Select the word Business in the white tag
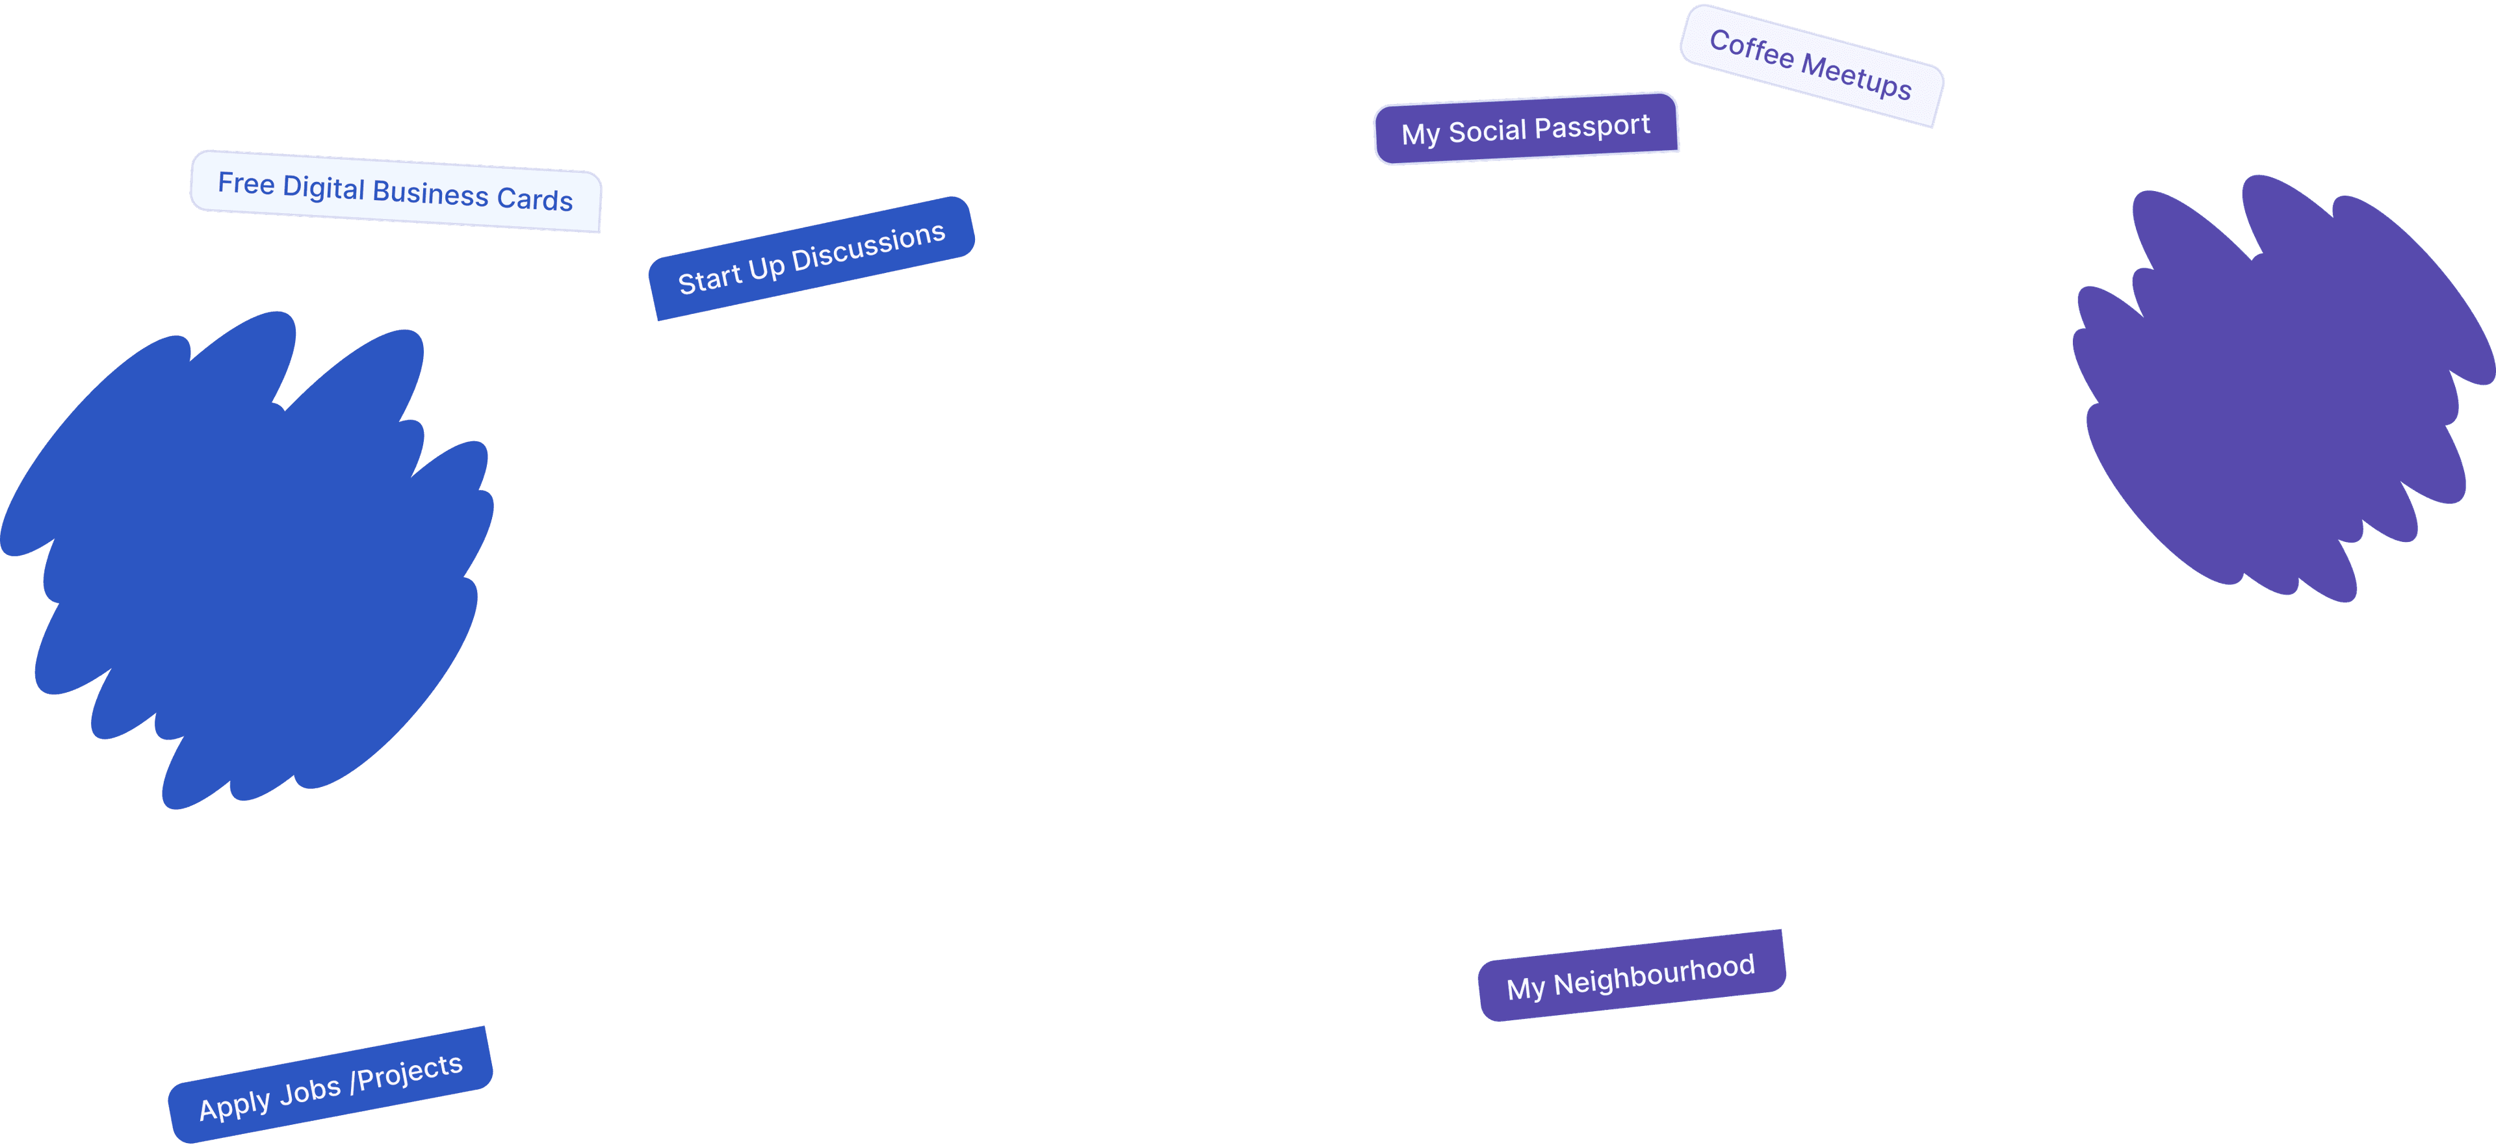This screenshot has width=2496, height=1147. click(x=430, y=194)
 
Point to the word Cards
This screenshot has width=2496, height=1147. click(x=535, y=200)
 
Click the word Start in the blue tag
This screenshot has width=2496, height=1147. click(x=709, y=279)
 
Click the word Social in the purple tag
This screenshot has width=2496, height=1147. click(x=1487, y=130)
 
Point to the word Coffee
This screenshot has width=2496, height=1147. click(x=1751, y=49)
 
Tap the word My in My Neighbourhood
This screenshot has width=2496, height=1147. click(x=1525, y=989)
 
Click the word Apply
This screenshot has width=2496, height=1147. click(x=235, y=1104)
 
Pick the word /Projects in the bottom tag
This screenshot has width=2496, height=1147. click(x=406, y=1072)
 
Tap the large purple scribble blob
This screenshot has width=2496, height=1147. click(x=2277, y=387)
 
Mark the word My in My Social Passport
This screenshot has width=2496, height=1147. click(x=1420, y=134)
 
